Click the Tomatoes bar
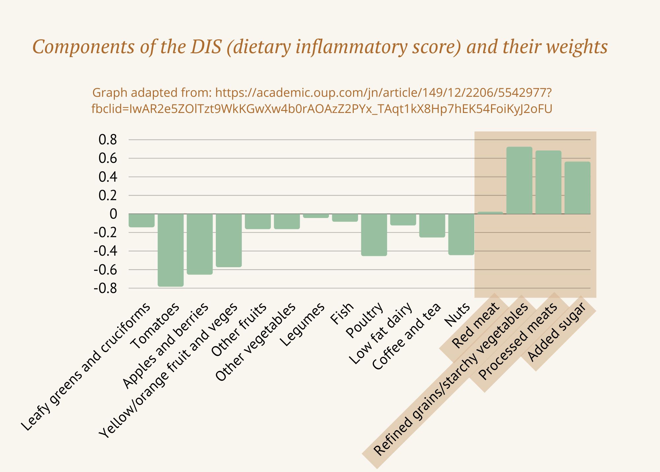coord(171,250)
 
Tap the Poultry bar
coord(374,235)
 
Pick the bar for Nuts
coord(461,234)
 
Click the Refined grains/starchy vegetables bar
coord(519,180)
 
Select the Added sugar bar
coord(577,188)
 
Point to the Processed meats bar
coord(548,182)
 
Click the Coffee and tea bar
coord(432,225)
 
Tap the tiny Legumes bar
coord(316,216)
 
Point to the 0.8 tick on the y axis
coord(108,140)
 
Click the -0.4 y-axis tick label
coord(106,251)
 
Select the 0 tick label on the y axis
coord(113,214)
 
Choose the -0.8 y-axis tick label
coord(106,288)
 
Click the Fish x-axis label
coord(342,313)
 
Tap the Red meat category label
coord(476,325)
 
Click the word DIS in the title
coord(206,47)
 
